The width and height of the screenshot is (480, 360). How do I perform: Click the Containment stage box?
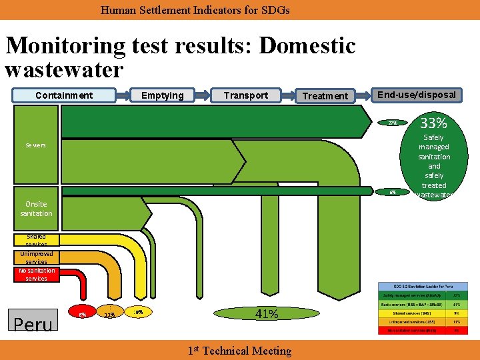pyautogui.click(x=64, y=95)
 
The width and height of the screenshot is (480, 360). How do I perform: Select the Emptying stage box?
pyautogui.click(x=162, y=95)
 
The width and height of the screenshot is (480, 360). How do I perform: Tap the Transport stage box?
pyautogui.click(x=245, y=95)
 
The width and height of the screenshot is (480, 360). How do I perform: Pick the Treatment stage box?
pyautogui.click(x=325, y=96)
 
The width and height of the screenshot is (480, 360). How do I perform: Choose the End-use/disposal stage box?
pyautogui.click(x=417, y=95)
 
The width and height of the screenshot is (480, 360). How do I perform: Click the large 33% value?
pyautogui.click(x=434, y=123)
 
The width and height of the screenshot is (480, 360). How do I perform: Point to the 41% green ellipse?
pyautogui.click(x=266, y=314)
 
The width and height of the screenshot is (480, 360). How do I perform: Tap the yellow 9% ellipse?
pyautogui.click(x=138, y=311)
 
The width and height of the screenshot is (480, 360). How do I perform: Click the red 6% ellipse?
pyautogui.click(x=82, y=313)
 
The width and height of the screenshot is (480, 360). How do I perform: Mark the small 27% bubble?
pyautogui.click(x=393, y=123)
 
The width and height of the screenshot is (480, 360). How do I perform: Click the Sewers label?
pyautogui.click(x=36, y=145)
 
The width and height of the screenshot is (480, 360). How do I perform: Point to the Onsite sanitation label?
pyautogui.click(x=36, y=209)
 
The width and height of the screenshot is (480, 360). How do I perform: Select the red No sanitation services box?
pyautogui.click(x=36, y=274)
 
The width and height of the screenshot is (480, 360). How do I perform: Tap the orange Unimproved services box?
pyautogui.click(x=36, y=257)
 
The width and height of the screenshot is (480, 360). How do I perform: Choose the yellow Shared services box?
pyautogui.click(x=36, y=240)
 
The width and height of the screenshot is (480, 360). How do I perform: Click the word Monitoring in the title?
pyautogui.click(x=65, y=46)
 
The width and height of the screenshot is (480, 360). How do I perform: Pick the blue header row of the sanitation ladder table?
pyautogui.click(x=423, y=286)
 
